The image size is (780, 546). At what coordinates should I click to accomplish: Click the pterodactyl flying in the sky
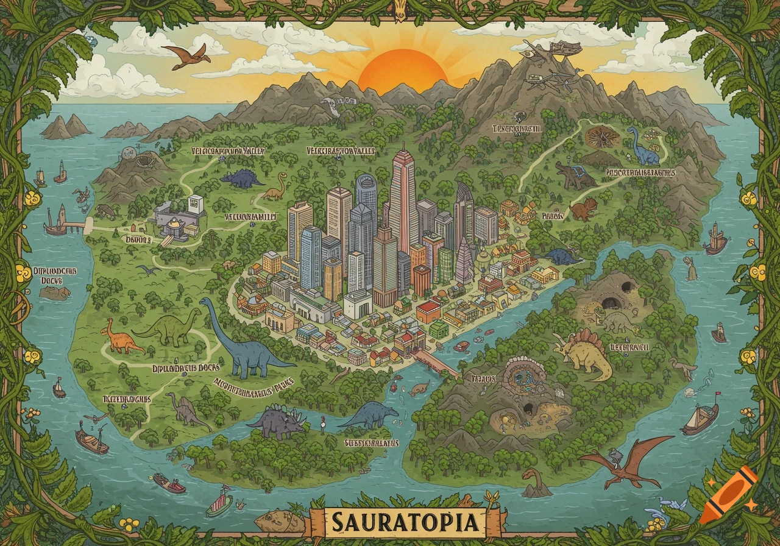[x=186, y=55]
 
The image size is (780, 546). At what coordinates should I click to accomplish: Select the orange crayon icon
[x=728, y=494]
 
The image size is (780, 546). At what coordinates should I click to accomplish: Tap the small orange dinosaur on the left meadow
[x=119, y=338]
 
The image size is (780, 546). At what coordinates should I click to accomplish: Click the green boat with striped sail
[x=219, y=503]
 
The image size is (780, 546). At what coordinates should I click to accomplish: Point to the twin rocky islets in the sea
[x=66, y=127]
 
